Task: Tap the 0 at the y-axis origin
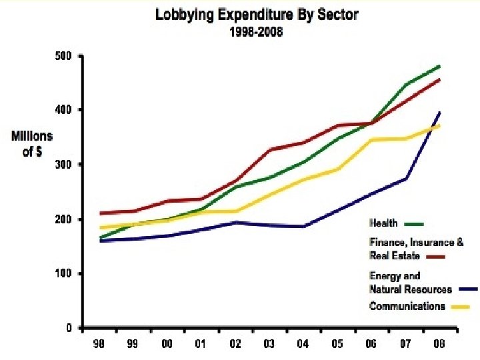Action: click(x=69, y=328)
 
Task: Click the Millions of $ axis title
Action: click(x=31, y=142)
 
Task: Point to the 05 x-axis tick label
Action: click(x=337, y=344)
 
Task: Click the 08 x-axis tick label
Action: click(x=439, y=344)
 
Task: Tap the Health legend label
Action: click(x=383, y=223)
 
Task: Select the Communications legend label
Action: click(x=407, y=307)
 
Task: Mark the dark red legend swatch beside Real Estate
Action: click(x=434, y=256)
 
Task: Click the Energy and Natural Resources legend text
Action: click(x=410, y=283)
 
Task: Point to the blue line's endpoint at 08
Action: click(x=439, y=112)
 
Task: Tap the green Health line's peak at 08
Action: click(x=440, y=66)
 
